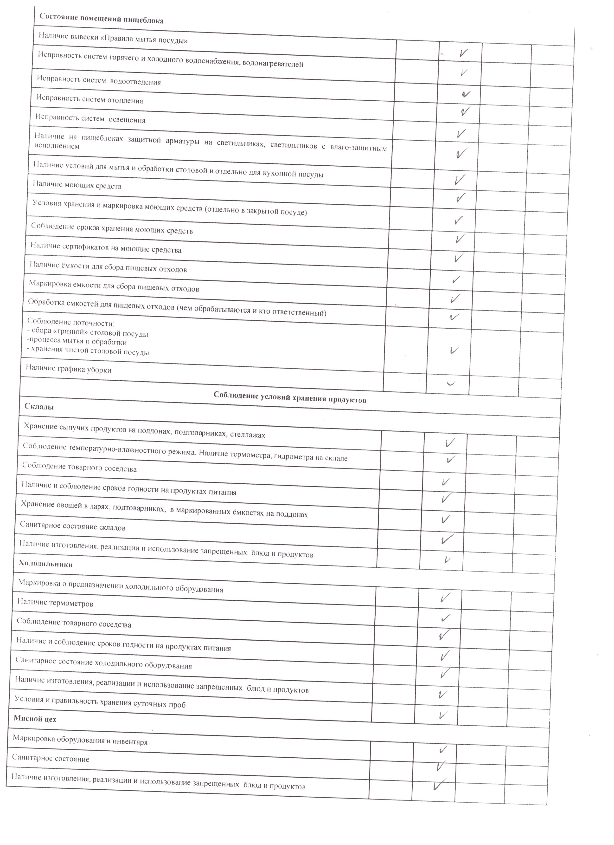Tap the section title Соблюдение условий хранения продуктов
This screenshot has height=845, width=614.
(x=290, y=397)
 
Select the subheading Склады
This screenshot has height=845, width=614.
(x=39, y=406)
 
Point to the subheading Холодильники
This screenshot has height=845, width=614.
(x=46, y=564)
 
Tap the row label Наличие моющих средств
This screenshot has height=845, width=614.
(x=77, y=185)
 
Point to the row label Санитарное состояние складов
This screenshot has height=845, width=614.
(x=73, y=526)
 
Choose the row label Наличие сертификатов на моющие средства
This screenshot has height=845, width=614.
(x=106, y=247)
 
